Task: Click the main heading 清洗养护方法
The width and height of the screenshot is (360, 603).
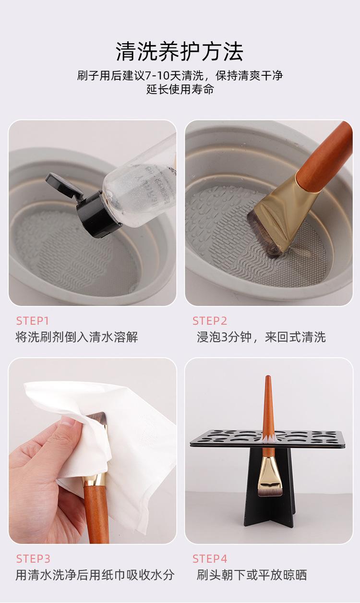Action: click(x=180, y=51)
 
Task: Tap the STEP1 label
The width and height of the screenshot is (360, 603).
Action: click(x=33, y=321)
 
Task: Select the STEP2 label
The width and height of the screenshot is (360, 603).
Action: click(x=210, y=321)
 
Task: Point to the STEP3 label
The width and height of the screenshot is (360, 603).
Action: click(x=33, y=559)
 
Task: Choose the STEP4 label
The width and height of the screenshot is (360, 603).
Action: click(x=210, y=559)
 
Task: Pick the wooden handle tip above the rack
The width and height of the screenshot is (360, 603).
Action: click(x=268, y=378)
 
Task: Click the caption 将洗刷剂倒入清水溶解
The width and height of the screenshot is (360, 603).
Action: click(x=77, y=338)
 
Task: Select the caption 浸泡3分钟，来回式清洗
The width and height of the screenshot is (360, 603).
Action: click(x=261, y=338)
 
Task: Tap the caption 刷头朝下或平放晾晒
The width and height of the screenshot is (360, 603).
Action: click(x=252, y=575)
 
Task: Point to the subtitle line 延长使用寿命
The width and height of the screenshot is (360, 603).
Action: click(x=180, y=89)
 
